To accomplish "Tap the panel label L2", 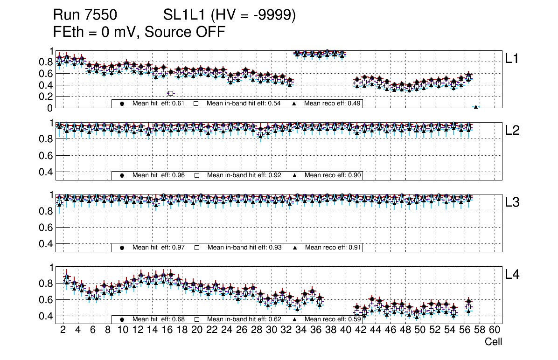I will [512, 130].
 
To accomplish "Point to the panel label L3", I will [512, 202].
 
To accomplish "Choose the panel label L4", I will [512, 275].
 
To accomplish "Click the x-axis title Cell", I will [493, 342].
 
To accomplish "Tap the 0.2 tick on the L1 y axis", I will [47, 96].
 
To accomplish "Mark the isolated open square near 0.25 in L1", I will [171, 93].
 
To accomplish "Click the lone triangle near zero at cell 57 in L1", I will [476, 107].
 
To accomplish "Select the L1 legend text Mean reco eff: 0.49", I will [333, 103].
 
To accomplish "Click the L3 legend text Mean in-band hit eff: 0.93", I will [244, 247].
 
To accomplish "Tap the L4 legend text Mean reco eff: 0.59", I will [333, 319].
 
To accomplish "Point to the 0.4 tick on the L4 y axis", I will [47, 316].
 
